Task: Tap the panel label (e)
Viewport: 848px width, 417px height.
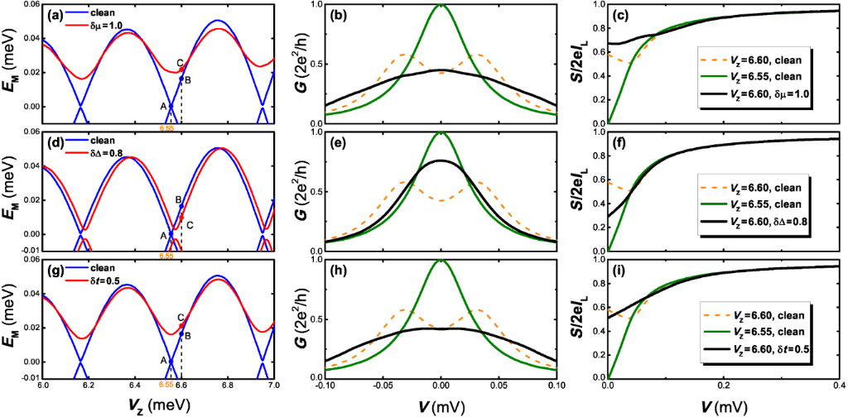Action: click(x=339, y=142)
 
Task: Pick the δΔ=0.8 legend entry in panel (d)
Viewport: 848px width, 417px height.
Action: click(x=107, y=152)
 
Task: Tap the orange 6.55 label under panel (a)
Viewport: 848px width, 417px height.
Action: click(x=166, y=128)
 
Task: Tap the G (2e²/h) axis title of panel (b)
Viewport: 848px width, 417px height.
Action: click(x=300, y=64)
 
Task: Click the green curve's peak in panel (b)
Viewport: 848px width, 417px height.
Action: click(x=441, y=5)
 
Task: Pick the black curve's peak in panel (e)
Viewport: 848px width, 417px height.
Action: click(x=441, y=161)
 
